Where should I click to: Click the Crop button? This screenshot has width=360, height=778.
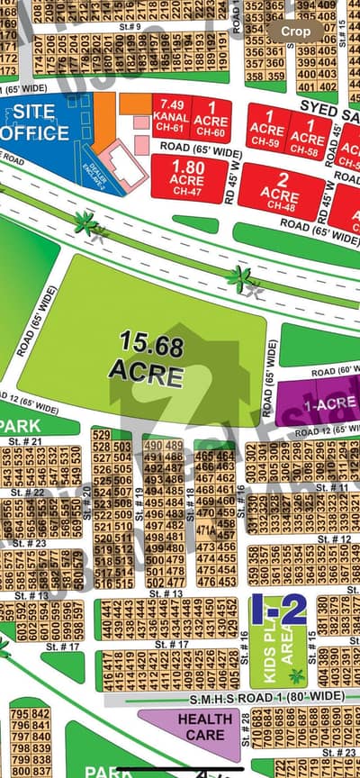(x=296, y=31)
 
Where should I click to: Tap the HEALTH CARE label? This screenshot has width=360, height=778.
(x=204, y=726)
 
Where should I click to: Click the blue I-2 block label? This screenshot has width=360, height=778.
(x=278, y=610)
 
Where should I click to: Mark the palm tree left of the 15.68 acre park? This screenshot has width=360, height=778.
(x=87, y=222)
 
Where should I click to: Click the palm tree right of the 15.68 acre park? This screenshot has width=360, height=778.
(x=241, y=278)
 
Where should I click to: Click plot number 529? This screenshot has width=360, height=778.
(x=102, y=435)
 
